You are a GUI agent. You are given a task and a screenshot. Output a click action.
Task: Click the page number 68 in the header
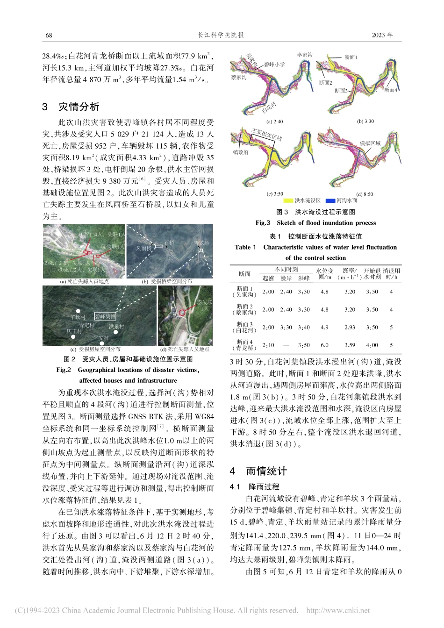point(49,35)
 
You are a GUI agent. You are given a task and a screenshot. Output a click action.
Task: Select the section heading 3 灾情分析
point(71,107)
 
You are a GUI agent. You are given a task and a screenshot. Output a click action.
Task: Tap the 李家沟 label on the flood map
point(305,55)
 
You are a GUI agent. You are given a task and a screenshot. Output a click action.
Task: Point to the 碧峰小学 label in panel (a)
point(274,64)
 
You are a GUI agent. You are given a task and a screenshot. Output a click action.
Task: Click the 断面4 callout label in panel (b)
point(390,90)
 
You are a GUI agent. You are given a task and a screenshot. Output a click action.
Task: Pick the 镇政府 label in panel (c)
point(240,152)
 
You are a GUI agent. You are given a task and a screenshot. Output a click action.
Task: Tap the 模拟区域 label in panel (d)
point(370,143)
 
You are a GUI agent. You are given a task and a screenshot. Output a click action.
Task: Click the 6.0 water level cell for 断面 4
point(324,345)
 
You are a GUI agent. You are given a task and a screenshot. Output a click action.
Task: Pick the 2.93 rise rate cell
point(349,327)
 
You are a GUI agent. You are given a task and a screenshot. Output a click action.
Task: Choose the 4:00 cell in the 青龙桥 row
point(372,345)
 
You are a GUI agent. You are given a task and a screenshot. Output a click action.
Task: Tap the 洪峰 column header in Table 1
point(304,278)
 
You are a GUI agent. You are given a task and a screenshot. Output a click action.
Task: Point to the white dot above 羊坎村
point(78,310)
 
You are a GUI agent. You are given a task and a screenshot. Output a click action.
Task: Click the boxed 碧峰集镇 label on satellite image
point(105,316)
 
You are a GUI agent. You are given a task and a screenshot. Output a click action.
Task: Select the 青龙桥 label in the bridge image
point(201,243)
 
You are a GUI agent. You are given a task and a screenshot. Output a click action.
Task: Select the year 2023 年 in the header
point(382,35)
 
